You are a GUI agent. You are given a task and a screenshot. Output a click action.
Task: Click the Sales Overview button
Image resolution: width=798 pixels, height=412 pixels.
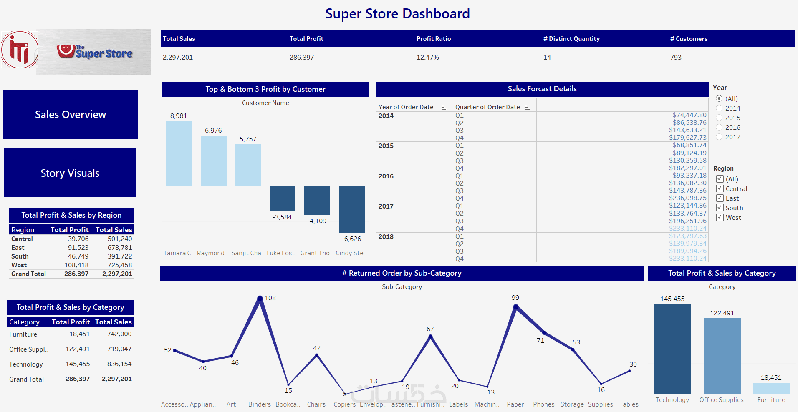tap(71, 114)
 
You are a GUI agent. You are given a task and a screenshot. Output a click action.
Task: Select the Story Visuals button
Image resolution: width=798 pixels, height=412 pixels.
tap(70, 173)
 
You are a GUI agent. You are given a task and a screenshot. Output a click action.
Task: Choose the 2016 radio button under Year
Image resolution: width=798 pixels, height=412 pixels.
tap(719, 128)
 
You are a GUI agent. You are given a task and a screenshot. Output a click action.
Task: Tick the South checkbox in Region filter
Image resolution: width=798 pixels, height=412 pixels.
tap(720, 208)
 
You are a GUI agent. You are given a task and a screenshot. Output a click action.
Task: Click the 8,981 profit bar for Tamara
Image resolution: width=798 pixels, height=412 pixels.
tap(179, 153)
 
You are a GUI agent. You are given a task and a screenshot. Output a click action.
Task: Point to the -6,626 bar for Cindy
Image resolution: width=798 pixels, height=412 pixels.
tap(352, 209)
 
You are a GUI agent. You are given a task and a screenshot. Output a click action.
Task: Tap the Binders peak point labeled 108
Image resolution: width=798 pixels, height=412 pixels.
tap(260, 298)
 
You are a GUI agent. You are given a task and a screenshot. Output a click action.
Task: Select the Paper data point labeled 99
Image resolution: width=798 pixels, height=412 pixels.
tap(516, 306)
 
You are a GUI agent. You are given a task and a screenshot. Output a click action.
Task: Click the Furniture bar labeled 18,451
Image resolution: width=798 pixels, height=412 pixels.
tap(771, 388)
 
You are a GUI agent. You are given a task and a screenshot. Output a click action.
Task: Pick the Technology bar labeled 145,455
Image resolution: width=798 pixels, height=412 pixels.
tap(672, 349)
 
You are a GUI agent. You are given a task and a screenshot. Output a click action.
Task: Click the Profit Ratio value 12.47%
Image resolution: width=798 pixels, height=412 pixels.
tap(428, 58)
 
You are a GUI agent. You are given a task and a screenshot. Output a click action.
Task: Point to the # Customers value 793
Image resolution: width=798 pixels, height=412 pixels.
tap(676, 58)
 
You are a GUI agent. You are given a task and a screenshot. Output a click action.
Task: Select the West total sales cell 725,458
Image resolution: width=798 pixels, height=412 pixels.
tap(120, 265)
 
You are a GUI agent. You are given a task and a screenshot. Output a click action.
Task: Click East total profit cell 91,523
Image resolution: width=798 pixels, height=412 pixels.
tap(78, 248)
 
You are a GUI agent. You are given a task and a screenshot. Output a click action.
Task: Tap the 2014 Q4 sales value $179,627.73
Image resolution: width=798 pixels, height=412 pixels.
tap(688, 138)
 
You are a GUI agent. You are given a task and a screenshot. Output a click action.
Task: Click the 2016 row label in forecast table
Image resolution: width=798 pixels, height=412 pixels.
tap(386, 176)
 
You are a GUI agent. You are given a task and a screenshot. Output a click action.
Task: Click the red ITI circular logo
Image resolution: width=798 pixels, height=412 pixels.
tap(20, 50)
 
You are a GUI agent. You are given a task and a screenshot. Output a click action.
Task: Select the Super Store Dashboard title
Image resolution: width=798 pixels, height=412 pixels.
tap(397, 14)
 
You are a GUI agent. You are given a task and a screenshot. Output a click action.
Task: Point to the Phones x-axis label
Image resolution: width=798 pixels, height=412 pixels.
tap(544, 404)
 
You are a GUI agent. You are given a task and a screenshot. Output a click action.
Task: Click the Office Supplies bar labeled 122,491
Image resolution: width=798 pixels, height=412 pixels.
tap(722, 356)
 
